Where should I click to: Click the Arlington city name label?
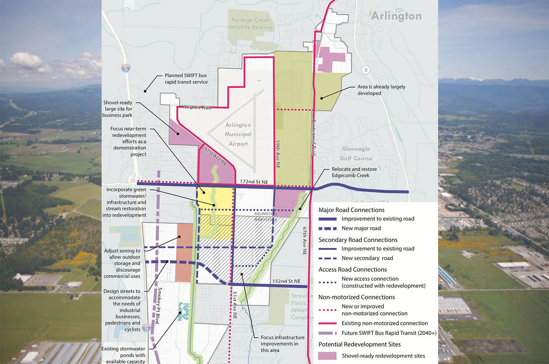tap(396, 16)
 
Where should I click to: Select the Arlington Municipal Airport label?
tap(238, 134)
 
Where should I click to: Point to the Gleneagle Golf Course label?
tap(357, 154)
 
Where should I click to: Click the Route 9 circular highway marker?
tap(366, 70)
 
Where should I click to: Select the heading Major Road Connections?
tap(351, 210)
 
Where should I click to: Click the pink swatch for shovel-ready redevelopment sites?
tap(327, 356)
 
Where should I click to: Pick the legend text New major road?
tap(361, 228)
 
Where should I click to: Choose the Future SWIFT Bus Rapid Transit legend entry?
tap(389, 333)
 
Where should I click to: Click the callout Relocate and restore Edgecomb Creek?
tap(348, 172)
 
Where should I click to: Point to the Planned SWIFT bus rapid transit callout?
tap(186, 79)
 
